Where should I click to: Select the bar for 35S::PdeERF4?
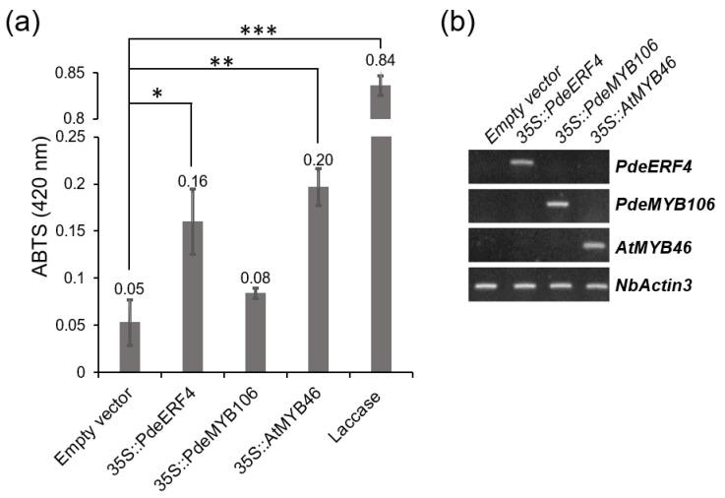[192, 296]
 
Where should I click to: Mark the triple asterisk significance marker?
[253, 30]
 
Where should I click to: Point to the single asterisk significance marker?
[158, 93]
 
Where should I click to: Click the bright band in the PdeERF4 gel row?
[520, 162]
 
